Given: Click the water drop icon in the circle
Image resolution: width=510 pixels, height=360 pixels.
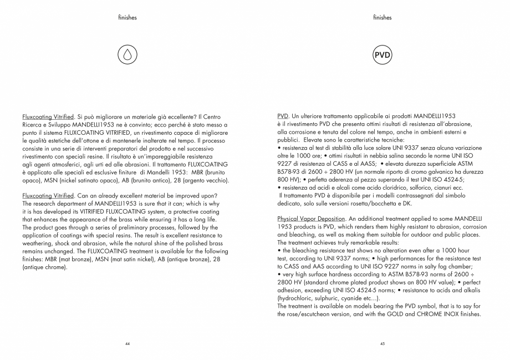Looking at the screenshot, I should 127,56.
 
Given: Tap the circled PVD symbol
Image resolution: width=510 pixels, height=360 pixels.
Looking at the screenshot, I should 382,56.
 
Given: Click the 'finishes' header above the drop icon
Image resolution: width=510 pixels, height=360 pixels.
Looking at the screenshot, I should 127,18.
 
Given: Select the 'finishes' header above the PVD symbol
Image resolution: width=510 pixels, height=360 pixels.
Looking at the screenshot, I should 382,18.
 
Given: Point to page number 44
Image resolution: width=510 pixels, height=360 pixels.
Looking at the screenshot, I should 127,344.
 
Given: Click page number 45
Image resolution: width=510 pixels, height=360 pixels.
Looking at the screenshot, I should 382,344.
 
